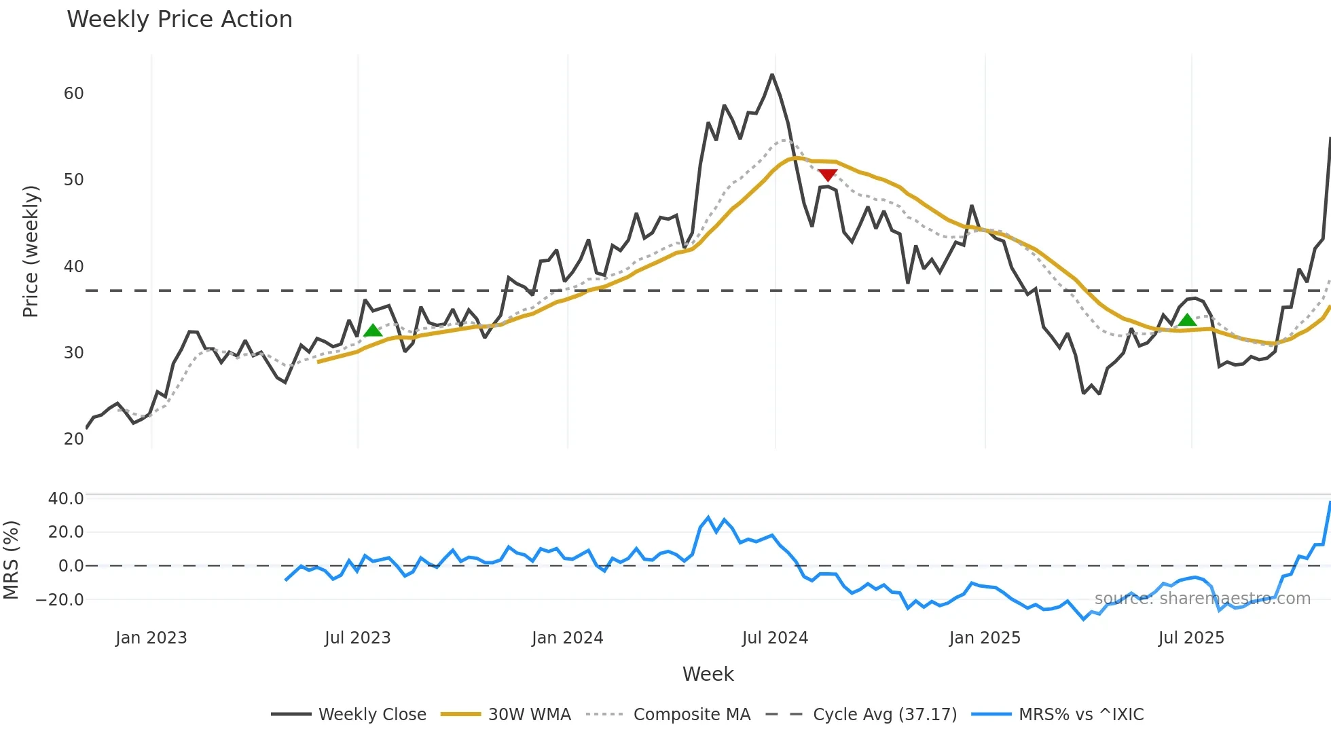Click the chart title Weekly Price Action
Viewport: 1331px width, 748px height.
click(179, 20)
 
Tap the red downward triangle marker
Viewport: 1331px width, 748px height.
click(827, 175)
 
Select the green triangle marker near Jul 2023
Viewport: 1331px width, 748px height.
click(373, 331)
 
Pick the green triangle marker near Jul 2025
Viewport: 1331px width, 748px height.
click(1187, 320)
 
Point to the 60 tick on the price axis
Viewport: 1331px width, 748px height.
click(73, 94)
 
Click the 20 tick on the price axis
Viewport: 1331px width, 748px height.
click(73, 439)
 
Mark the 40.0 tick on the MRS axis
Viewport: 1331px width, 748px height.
click(66, 499)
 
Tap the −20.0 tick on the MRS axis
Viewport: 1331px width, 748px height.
click(60, 600)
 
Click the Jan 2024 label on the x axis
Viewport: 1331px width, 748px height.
click(567, 638)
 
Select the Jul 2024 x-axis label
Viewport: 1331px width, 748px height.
click(775, 638)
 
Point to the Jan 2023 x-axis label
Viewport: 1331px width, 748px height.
click(151, 638)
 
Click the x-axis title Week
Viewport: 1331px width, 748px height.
click(708, 674)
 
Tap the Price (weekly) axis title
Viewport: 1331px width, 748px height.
click(31, 251)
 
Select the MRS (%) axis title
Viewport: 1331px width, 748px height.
click(11, 560)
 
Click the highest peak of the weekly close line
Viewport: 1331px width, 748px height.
click(772, 75)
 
